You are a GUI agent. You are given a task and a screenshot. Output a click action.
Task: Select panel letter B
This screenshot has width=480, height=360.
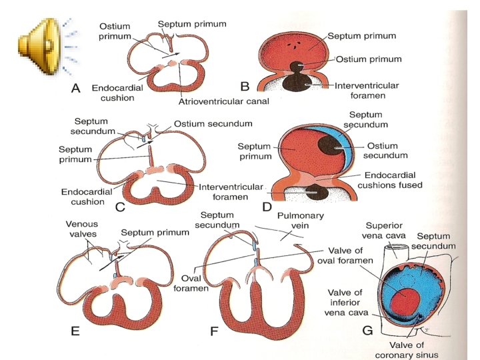(245, 86)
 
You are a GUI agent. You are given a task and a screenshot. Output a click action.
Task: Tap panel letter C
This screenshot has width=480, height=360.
(120, 207)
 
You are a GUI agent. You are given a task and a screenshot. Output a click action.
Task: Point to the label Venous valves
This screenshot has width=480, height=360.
(85, 229)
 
